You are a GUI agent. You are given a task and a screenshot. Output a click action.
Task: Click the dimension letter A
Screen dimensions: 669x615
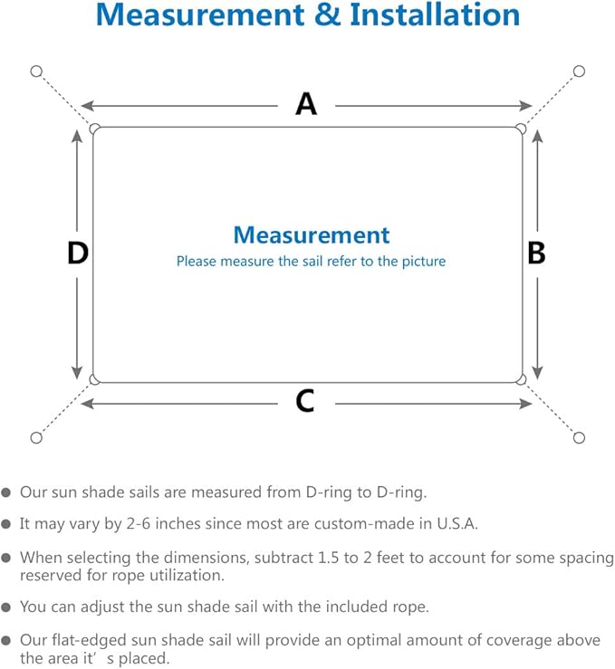(x=306, y=105)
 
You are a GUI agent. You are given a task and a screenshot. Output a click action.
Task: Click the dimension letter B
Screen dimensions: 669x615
(x=536, y=253)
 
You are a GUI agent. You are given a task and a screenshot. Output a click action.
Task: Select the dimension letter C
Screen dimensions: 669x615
(x=305, y=400)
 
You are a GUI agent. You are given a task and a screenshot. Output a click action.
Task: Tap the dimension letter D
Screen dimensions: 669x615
(x=78, y=253)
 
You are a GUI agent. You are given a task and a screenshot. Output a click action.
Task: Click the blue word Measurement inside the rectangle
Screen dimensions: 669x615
(x=312, y=235)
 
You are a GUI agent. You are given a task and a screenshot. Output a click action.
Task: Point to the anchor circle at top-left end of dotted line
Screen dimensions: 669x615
(x=36, y=71)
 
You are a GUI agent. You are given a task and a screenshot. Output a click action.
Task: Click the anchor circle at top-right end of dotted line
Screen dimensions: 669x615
(x=580, y=71)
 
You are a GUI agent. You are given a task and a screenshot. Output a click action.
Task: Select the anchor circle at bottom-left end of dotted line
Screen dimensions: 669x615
(x=36, y=438)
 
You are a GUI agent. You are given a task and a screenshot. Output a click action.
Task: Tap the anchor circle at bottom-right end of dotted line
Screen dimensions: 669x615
(x=580, y=438)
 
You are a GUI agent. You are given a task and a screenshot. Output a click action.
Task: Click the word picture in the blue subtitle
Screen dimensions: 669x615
(x=423, y=262)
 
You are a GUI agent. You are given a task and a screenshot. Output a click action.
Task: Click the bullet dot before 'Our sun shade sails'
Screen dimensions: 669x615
(x=7, y=493)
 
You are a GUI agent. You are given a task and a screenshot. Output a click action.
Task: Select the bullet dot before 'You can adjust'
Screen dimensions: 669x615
(x=7, y=607)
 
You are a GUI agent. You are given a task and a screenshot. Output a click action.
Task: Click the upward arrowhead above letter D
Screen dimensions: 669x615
(x=78, y=136)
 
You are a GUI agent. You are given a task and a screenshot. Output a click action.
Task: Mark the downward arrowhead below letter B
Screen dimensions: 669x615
(x=537, y=372)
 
